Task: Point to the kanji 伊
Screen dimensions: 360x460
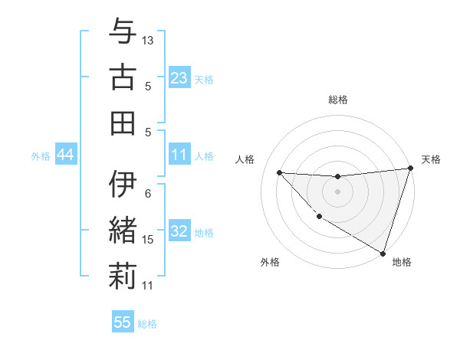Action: (122, 186)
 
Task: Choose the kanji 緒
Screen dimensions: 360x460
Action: (122, 231)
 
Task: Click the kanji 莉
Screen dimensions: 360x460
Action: (122, 276)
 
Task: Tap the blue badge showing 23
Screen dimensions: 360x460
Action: (179, 78)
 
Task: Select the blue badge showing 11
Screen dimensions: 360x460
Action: (179, 155)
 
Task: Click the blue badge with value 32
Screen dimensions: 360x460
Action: (179, 231)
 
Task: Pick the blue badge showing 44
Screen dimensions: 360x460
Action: (65, 155)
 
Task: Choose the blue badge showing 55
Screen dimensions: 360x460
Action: (123, 322)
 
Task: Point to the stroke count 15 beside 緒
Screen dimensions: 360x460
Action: (148, 239)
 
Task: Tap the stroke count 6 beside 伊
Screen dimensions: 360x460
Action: (148, 193)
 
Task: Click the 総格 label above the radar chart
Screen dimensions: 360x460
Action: (338, 100)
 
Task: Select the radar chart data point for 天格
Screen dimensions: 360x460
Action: (409, 170)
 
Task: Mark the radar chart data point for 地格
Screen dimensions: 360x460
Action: (382, 252)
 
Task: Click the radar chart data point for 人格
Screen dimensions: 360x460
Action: (279, 172)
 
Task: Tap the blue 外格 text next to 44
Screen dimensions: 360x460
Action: (41, 155)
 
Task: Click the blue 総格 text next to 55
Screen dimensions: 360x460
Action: (147, 323)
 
